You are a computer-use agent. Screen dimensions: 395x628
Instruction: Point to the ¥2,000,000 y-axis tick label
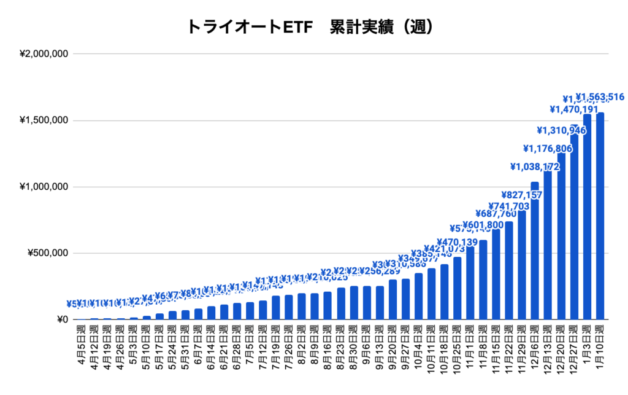(44, 54)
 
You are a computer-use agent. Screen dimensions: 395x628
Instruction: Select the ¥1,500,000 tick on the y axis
(44, 120)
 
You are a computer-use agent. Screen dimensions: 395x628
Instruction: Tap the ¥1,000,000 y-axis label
(44, 187)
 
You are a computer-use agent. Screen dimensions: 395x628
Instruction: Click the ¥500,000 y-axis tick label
(47, 253)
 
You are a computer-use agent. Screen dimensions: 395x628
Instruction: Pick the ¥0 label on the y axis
(61, 319)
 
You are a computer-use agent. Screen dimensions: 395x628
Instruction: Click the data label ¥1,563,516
(600, 97)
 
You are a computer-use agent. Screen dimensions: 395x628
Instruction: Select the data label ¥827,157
(521, 195)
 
